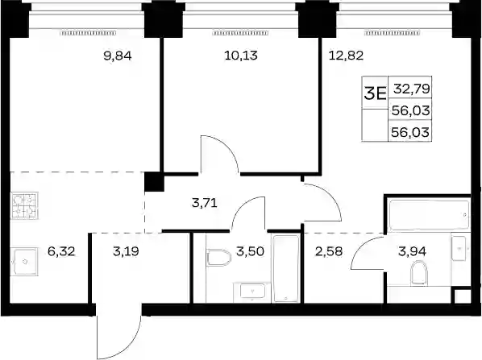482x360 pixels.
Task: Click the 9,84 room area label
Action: pos(118,56)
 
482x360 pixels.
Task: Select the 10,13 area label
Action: pos(241,56)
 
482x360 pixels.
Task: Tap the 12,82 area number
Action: pos(346,56)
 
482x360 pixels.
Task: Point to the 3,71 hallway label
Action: pos(205,203)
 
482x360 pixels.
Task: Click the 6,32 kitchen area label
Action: pos(61,251)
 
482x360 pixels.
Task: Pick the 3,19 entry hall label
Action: pos(126,251)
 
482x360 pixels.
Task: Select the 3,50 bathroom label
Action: pos(250,251)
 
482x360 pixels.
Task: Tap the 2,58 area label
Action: pos(329,251)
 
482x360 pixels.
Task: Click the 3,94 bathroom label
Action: pos(412,251)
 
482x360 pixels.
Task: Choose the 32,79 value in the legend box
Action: pos(412,89)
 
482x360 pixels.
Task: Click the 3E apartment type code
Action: pos(375,93)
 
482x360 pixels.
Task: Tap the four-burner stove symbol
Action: pos(24,205)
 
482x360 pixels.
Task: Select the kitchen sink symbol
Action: pos(24,262)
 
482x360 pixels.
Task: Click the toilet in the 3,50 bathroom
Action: pos(219,258)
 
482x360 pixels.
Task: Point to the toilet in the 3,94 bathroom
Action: pos(419,273)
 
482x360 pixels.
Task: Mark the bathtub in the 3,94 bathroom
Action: pos(429,215)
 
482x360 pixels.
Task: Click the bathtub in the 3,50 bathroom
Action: pos(286,268)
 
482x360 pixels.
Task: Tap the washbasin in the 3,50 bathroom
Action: pos(252,291)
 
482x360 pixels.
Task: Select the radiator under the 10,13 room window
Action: pos(241,33)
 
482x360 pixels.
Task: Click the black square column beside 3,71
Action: pos(154,182)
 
